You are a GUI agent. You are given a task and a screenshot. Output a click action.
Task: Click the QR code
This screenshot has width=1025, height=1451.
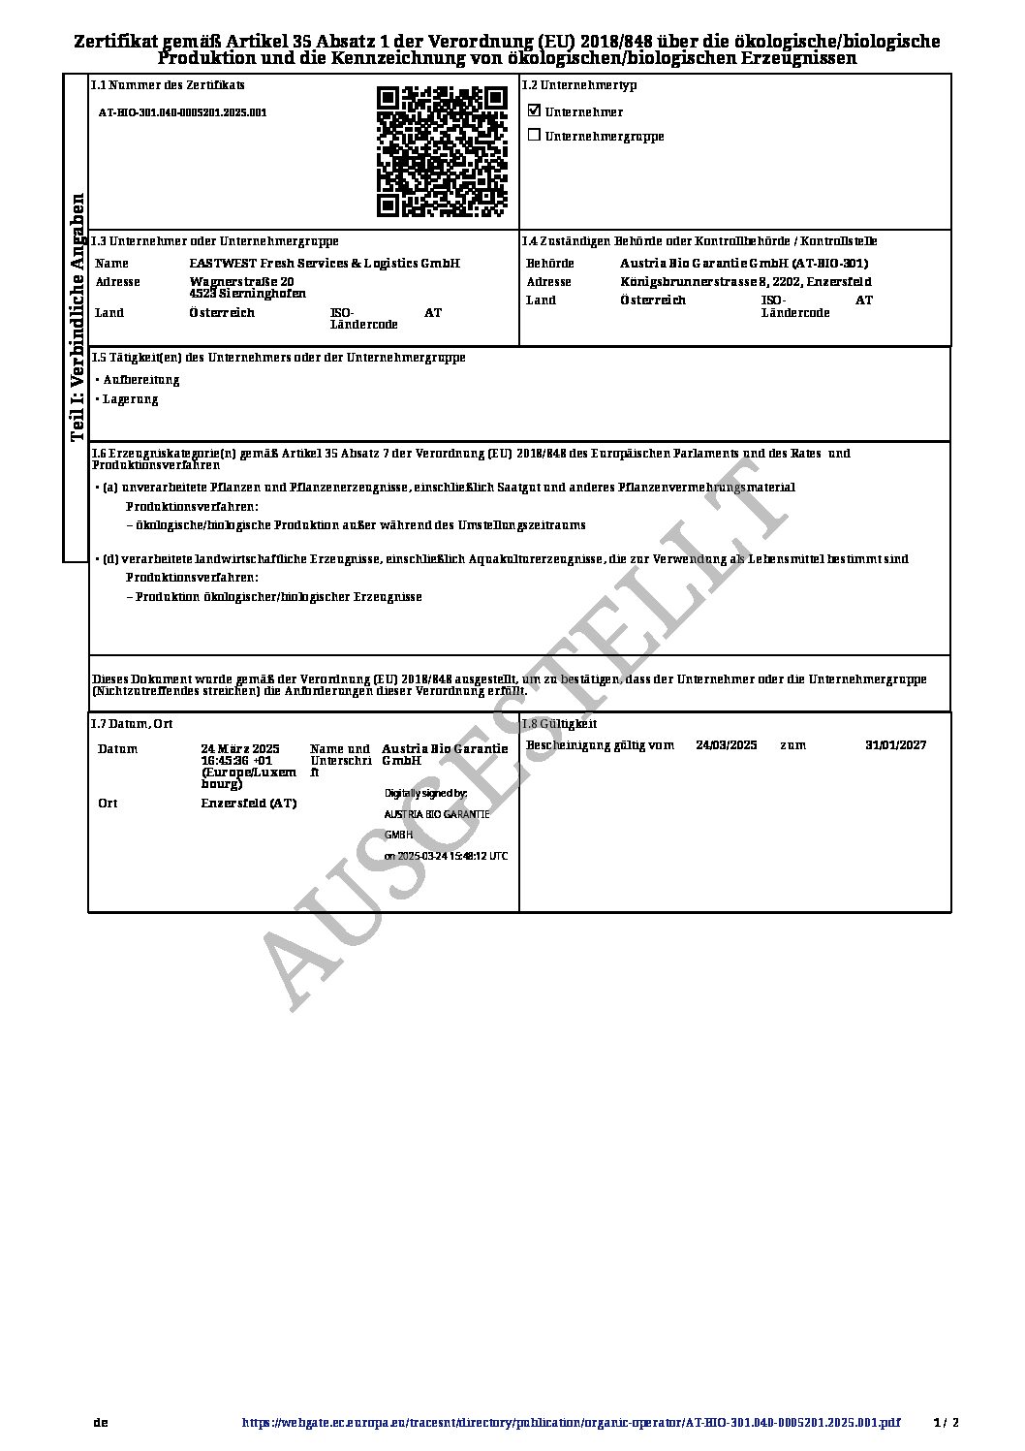click(x=442, y=151)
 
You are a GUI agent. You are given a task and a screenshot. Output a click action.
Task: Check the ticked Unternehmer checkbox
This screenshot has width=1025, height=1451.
click(x=534, y=110)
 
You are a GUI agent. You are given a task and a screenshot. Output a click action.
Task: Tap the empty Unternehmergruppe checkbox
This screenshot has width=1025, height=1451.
click(x=534, y=136)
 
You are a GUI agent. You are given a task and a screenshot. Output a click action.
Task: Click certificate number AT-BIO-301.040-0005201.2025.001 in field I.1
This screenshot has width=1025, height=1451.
click(x=183, y=112)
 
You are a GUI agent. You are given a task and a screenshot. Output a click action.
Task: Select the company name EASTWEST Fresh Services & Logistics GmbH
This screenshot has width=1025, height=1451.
click(x=324, y=264)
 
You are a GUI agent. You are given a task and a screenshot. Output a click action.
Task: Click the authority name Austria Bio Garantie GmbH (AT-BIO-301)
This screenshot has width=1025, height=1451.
click(x=743, y=264)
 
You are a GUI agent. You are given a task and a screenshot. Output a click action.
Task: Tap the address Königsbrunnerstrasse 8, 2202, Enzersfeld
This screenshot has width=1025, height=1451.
click(x=745, y=282)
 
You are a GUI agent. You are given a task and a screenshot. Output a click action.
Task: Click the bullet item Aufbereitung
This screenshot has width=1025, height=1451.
click(x=141, y=380)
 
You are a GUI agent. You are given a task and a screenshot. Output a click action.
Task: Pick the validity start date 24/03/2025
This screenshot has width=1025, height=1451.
click(x=726, y=745)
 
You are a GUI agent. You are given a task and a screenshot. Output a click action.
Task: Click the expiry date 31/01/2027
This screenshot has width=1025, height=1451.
click(x=895, y=745)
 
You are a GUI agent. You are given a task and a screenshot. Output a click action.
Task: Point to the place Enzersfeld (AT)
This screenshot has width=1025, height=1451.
click(x=249, y=804)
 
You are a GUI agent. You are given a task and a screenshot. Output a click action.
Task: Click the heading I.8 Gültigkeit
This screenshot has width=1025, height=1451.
click(x=560, y=724)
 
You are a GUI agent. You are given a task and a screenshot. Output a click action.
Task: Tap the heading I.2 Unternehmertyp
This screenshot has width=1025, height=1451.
click(x=579, y=85)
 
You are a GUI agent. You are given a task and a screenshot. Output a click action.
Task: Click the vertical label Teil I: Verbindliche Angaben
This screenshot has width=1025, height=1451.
click(x=78, y=318)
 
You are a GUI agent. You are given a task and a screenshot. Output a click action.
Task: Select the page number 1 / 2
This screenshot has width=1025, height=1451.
click(x=946, y=1424)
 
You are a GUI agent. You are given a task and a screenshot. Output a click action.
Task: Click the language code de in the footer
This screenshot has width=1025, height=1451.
click(x=100, y=1424)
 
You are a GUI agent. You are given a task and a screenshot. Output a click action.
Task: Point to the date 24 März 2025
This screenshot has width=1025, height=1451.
click(x=240, y=749)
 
